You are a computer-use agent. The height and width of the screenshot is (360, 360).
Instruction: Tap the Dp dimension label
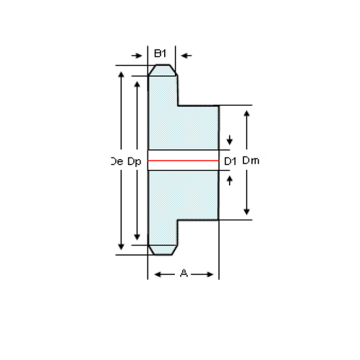pyautogui.click(x=134, y=162)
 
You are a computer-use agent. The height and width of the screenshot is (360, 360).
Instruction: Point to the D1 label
pyautogui.click(x=230, y=161)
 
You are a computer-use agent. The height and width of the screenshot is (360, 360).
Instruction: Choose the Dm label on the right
pyautogui.click(x=251, y=161)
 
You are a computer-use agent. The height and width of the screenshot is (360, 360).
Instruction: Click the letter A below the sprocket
pyautogui.click(x=183, y=274)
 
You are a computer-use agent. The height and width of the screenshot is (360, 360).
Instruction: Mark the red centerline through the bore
pyautogui.click(x=183, y=160)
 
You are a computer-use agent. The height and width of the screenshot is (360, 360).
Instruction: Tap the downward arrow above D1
pyautogui.click(x=230, y=140)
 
